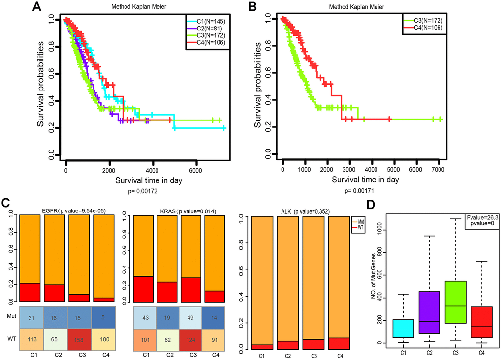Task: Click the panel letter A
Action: click(x=36, y=8)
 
